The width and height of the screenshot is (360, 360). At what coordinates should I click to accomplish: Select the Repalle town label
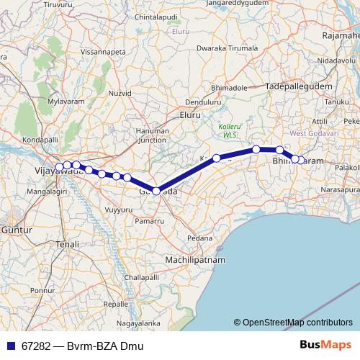(x=116, y=305)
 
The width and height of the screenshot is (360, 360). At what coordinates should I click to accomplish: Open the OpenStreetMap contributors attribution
(x=297, y=322)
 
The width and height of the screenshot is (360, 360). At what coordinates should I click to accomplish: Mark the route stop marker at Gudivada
(x=156, y=191)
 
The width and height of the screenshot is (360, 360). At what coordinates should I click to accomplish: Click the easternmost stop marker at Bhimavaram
(x=301, y=160)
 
